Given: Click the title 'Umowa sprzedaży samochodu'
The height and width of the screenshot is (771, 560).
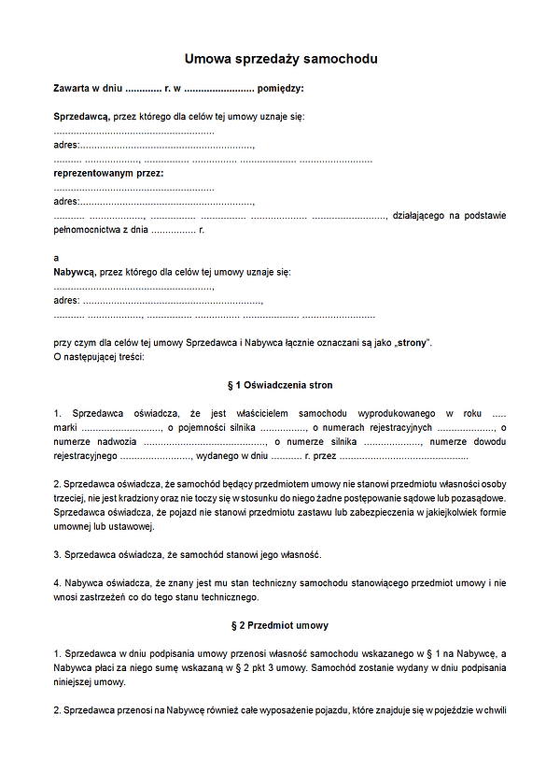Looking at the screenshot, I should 280,59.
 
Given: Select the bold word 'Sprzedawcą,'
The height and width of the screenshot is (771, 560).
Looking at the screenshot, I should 81,117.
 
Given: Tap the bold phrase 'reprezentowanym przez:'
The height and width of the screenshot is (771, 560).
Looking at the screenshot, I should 108,173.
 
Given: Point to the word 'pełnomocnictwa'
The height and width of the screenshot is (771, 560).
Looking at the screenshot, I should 87,229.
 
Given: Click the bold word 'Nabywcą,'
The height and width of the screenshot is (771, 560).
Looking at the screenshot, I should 75,272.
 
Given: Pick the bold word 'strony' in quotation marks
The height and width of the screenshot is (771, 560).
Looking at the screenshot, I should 411,342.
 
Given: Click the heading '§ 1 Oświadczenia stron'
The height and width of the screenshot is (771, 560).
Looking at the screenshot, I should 280,385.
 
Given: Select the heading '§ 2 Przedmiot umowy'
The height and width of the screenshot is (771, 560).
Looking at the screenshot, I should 280,625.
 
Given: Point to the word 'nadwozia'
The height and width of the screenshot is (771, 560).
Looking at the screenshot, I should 119,442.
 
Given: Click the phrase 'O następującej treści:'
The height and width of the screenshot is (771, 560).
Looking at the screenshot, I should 99,357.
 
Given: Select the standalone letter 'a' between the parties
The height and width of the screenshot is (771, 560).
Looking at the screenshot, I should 57,258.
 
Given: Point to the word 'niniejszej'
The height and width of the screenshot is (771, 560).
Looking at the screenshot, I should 74,682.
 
